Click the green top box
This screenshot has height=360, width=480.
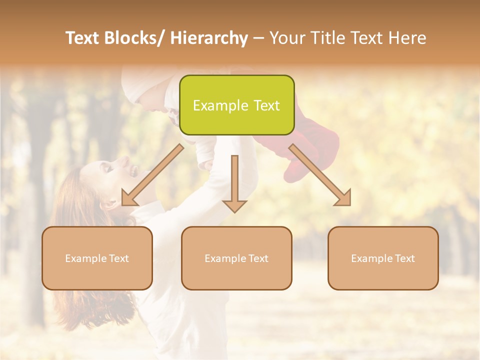tap(236, 105)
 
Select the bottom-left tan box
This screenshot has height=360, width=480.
tap(97, 258)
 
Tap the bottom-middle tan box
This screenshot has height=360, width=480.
tap(236, 258)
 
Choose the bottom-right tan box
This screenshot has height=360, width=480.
tap(383, 258)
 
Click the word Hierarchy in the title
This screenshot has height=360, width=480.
tap(209, 38)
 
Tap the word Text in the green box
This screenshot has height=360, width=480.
tap(266, 105)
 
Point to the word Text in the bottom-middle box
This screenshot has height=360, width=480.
tap(256, 258)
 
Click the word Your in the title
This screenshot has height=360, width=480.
tap(287, 38)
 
